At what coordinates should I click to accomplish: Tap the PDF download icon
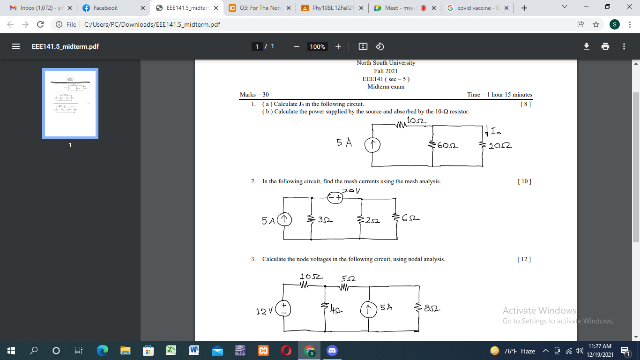click(x=586, y=46)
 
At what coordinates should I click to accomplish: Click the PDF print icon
click(x=605, y=46)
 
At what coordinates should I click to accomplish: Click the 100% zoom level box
click(x=317, y=46)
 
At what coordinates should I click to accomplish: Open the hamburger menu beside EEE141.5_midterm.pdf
click(x=16, y=46)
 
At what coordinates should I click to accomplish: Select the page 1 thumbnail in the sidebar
click(x=70, y=104)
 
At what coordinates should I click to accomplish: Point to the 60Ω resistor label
click(x=447, y=146)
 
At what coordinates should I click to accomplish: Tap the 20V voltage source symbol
click(x=335, y=198)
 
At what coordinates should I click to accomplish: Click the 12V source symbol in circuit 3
click(x=283, y=308)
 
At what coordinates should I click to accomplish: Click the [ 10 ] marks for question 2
click(x=524, y=181)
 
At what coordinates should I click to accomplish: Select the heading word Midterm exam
click(x=386, y=87)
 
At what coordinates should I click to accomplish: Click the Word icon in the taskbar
click(x=193, y=351)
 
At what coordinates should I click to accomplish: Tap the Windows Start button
click(x=11, y=351)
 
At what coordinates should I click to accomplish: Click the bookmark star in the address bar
click(x=595, y=24)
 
